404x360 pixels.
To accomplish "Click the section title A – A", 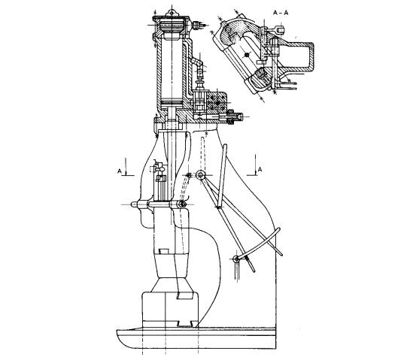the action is [x=281, y=13].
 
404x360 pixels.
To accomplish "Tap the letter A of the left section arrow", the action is [x=120, y=171].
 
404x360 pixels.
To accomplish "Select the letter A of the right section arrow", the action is [x=260, y=170].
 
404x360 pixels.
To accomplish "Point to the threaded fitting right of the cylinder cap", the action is [x=197, y=26].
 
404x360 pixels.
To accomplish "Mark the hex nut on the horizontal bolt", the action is [x=231, y=117].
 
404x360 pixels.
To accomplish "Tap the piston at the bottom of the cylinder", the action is [x=171, y=103].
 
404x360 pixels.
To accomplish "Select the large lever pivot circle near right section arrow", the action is [x=200, y=175].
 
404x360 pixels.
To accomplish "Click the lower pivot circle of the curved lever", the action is [x=236, y=259].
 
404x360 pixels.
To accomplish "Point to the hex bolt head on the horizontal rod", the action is [x=182, y=204].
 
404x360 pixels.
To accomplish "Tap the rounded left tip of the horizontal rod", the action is [x=133, y=204].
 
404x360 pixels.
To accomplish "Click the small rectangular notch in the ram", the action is [x=163, y=251].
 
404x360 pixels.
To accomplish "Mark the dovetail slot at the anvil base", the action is [x=185, y=323].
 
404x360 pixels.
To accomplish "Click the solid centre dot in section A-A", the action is [x=247, y=55].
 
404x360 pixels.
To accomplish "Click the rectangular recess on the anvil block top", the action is [x=184, y=296].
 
